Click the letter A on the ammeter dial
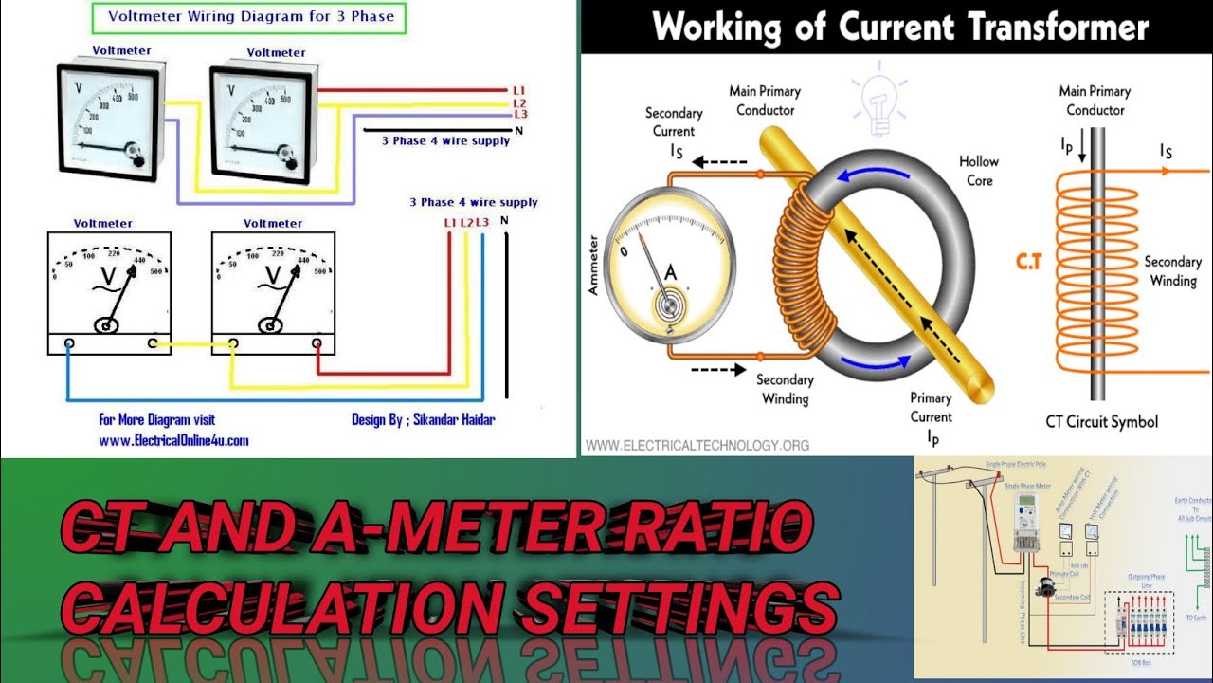tap(670, 273)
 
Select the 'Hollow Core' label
tap(980, 171)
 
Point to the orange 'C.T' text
tap(1028, 262)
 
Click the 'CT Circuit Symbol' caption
tap(1101, 421)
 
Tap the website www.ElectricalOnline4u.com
tap(173, 440)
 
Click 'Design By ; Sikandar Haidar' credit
tap(423, 419)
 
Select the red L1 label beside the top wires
tap(518, 89)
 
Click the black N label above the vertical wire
tap(503, 221)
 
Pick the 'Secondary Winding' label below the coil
tap(785, 389)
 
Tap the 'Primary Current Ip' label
tap(931, 416)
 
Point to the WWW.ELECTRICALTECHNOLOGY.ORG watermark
tap(697, 445)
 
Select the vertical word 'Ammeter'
tap(594, 267)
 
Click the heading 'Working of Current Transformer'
tap(900, 27)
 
